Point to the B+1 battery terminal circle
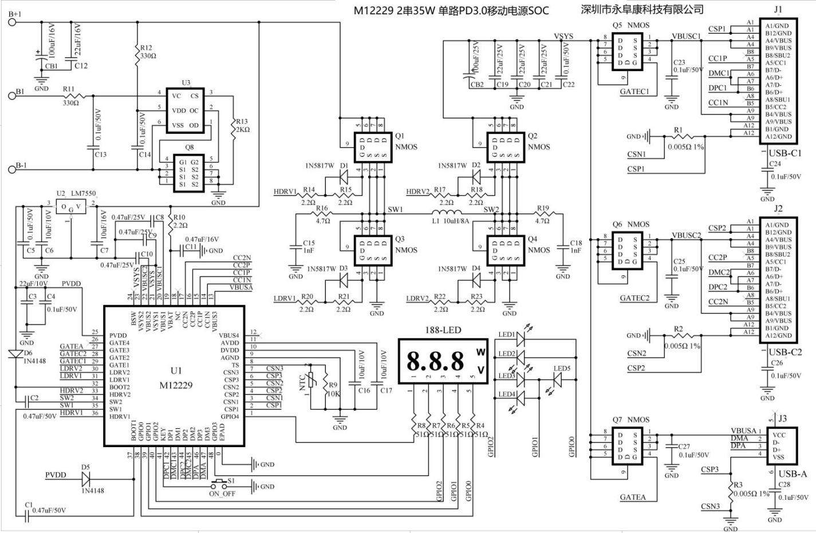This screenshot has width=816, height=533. (x=12, y=22)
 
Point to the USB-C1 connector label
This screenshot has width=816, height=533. (x=785, y=153)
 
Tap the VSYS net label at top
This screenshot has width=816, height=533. (x=563, y=35)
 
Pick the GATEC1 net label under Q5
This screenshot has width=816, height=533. (x=634, y=91)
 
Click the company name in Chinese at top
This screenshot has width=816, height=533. (x=641, y=9)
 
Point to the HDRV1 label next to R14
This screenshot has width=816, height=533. (x=285, y=192)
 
